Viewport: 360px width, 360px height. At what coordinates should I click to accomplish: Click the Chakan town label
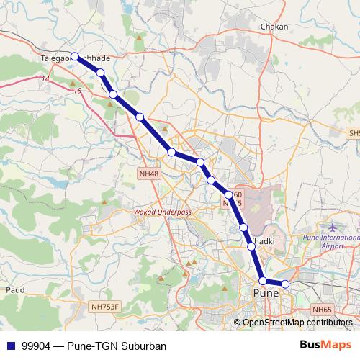274,27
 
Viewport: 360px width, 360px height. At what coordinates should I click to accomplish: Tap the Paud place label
14,289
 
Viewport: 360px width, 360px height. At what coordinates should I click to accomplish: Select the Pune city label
266,294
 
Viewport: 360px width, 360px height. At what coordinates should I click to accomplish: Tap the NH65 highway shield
323,310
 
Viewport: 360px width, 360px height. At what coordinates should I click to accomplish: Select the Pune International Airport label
331,241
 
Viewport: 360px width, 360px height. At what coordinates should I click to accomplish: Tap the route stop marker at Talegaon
75,55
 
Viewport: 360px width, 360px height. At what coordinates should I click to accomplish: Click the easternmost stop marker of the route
285,284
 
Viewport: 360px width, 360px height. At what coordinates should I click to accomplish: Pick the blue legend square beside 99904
10,345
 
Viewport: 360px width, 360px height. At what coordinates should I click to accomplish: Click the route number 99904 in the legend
37,345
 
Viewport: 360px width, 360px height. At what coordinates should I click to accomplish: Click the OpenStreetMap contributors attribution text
297,323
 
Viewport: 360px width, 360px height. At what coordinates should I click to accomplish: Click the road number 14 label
45,78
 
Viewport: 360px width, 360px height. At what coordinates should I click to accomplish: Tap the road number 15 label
78,92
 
